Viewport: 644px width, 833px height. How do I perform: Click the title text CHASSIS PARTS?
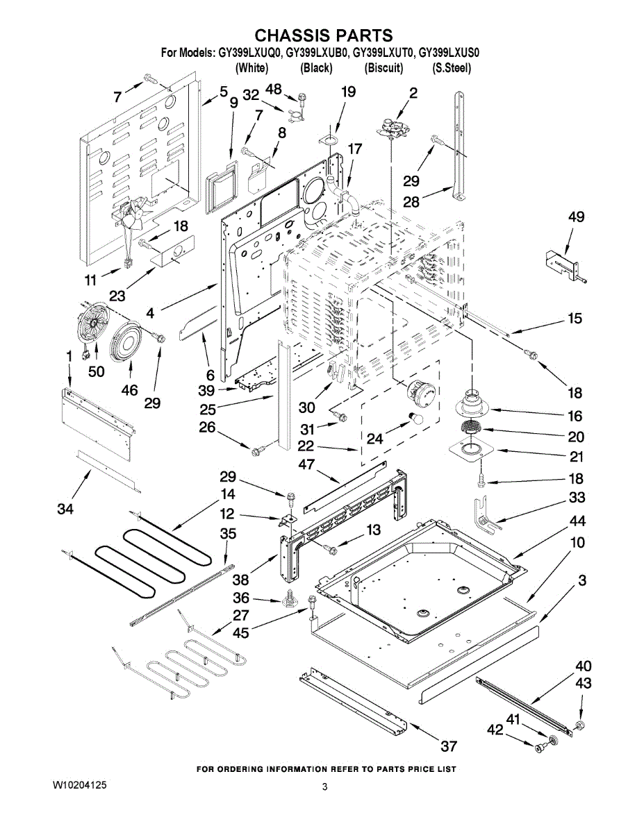coord(322,35)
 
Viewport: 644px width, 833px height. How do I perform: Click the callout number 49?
coord(576,217)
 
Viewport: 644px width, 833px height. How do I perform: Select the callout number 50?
coord(96,371)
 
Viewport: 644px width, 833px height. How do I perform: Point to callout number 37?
coord(449,747)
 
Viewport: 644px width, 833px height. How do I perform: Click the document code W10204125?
coord(79,785)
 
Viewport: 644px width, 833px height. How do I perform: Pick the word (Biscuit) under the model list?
coord(383,68)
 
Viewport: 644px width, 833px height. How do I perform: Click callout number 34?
coord(66,510)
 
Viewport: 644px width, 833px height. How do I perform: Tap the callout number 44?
coord(577,521)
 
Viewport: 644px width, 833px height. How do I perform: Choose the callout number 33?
coord(577,498)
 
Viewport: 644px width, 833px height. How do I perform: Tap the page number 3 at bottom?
coord(324,786)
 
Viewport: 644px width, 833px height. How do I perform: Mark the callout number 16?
coord(575,416)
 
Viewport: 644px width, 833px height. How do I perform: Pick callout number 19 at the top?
coord(348,92)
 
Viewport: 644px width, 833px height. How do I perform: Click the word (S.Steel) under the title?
coord(452,68)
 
